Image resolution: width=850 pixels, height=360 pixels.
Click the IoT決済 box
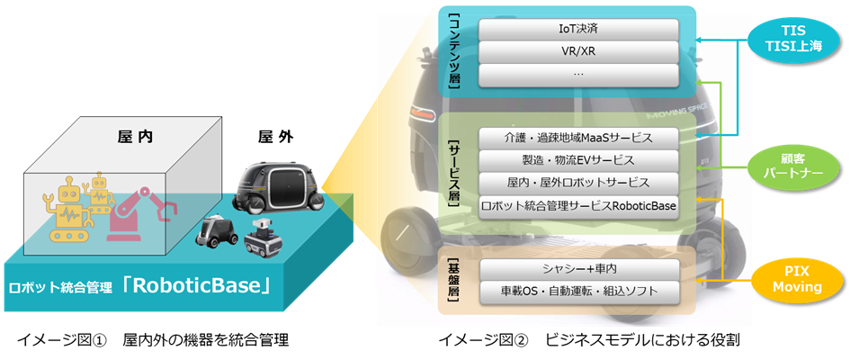[x=577, y=28]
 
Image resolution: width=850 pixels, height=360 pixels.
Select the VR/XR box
[x=577, y=50]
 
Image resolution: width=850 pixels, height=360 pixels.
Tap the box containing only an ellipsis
[x=577, y=72]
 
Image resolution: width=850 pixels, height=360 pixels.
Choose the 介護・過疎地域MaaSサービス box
[x=577, y=139]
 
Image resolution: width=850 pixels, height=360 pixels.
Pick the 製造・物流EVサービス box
[x=577, y=161]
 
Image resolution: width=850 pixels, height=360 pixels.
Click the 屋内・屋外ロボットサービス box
[x=577, y=184]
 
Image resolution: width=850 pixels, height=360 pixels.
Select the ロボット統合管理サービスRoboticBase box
[x=577, y=205]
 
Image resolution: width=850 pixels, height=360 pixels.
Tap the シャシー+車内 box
[x=577, y=269]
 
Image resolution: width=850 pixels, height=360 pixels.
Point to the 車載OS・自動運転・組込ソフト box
[x=577, y=291]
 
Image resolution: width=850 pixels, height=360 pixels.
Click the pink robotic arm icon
[x=143, y=211]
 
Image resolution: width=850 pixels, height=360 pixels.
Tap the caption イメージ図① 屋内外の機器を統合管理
[x=152, y=340]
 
